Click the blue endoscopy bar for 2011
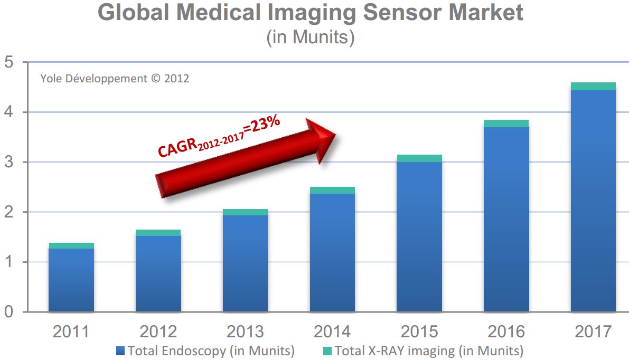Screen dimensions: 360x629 [x=71, y=280]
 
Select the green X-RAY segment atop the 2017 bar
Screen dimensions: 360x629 [x=593, y=86]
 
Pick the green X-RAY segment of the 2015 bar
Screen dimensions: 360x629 [x=419, y=158]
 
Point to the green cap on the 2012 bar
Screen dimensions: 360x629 [x=158, y=233]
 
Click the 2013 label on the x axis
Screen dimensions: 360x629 [x=245, y=332]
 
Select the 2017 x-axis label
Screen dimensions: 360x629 [x=593, y=332]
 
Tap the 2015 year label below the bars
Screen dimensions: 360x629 [x=419, y=332]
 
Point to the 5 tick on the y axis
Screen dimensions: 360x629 [x=10, y=62]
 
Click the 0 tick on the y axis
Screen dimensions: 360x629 [x=10, y=312]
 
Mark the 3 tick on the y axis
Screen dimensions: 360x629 [x=10, y=162]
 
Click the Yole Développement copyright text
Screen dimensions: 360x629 [x=115, y=79]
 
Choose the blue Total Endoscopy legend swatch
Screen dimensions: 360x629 [x=120, y=350]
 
